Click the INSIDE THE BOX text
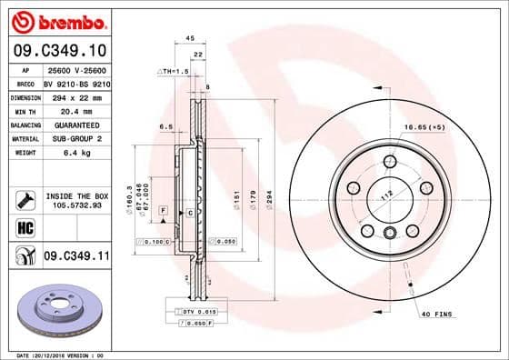76,195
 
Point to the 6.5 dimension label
166,126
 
